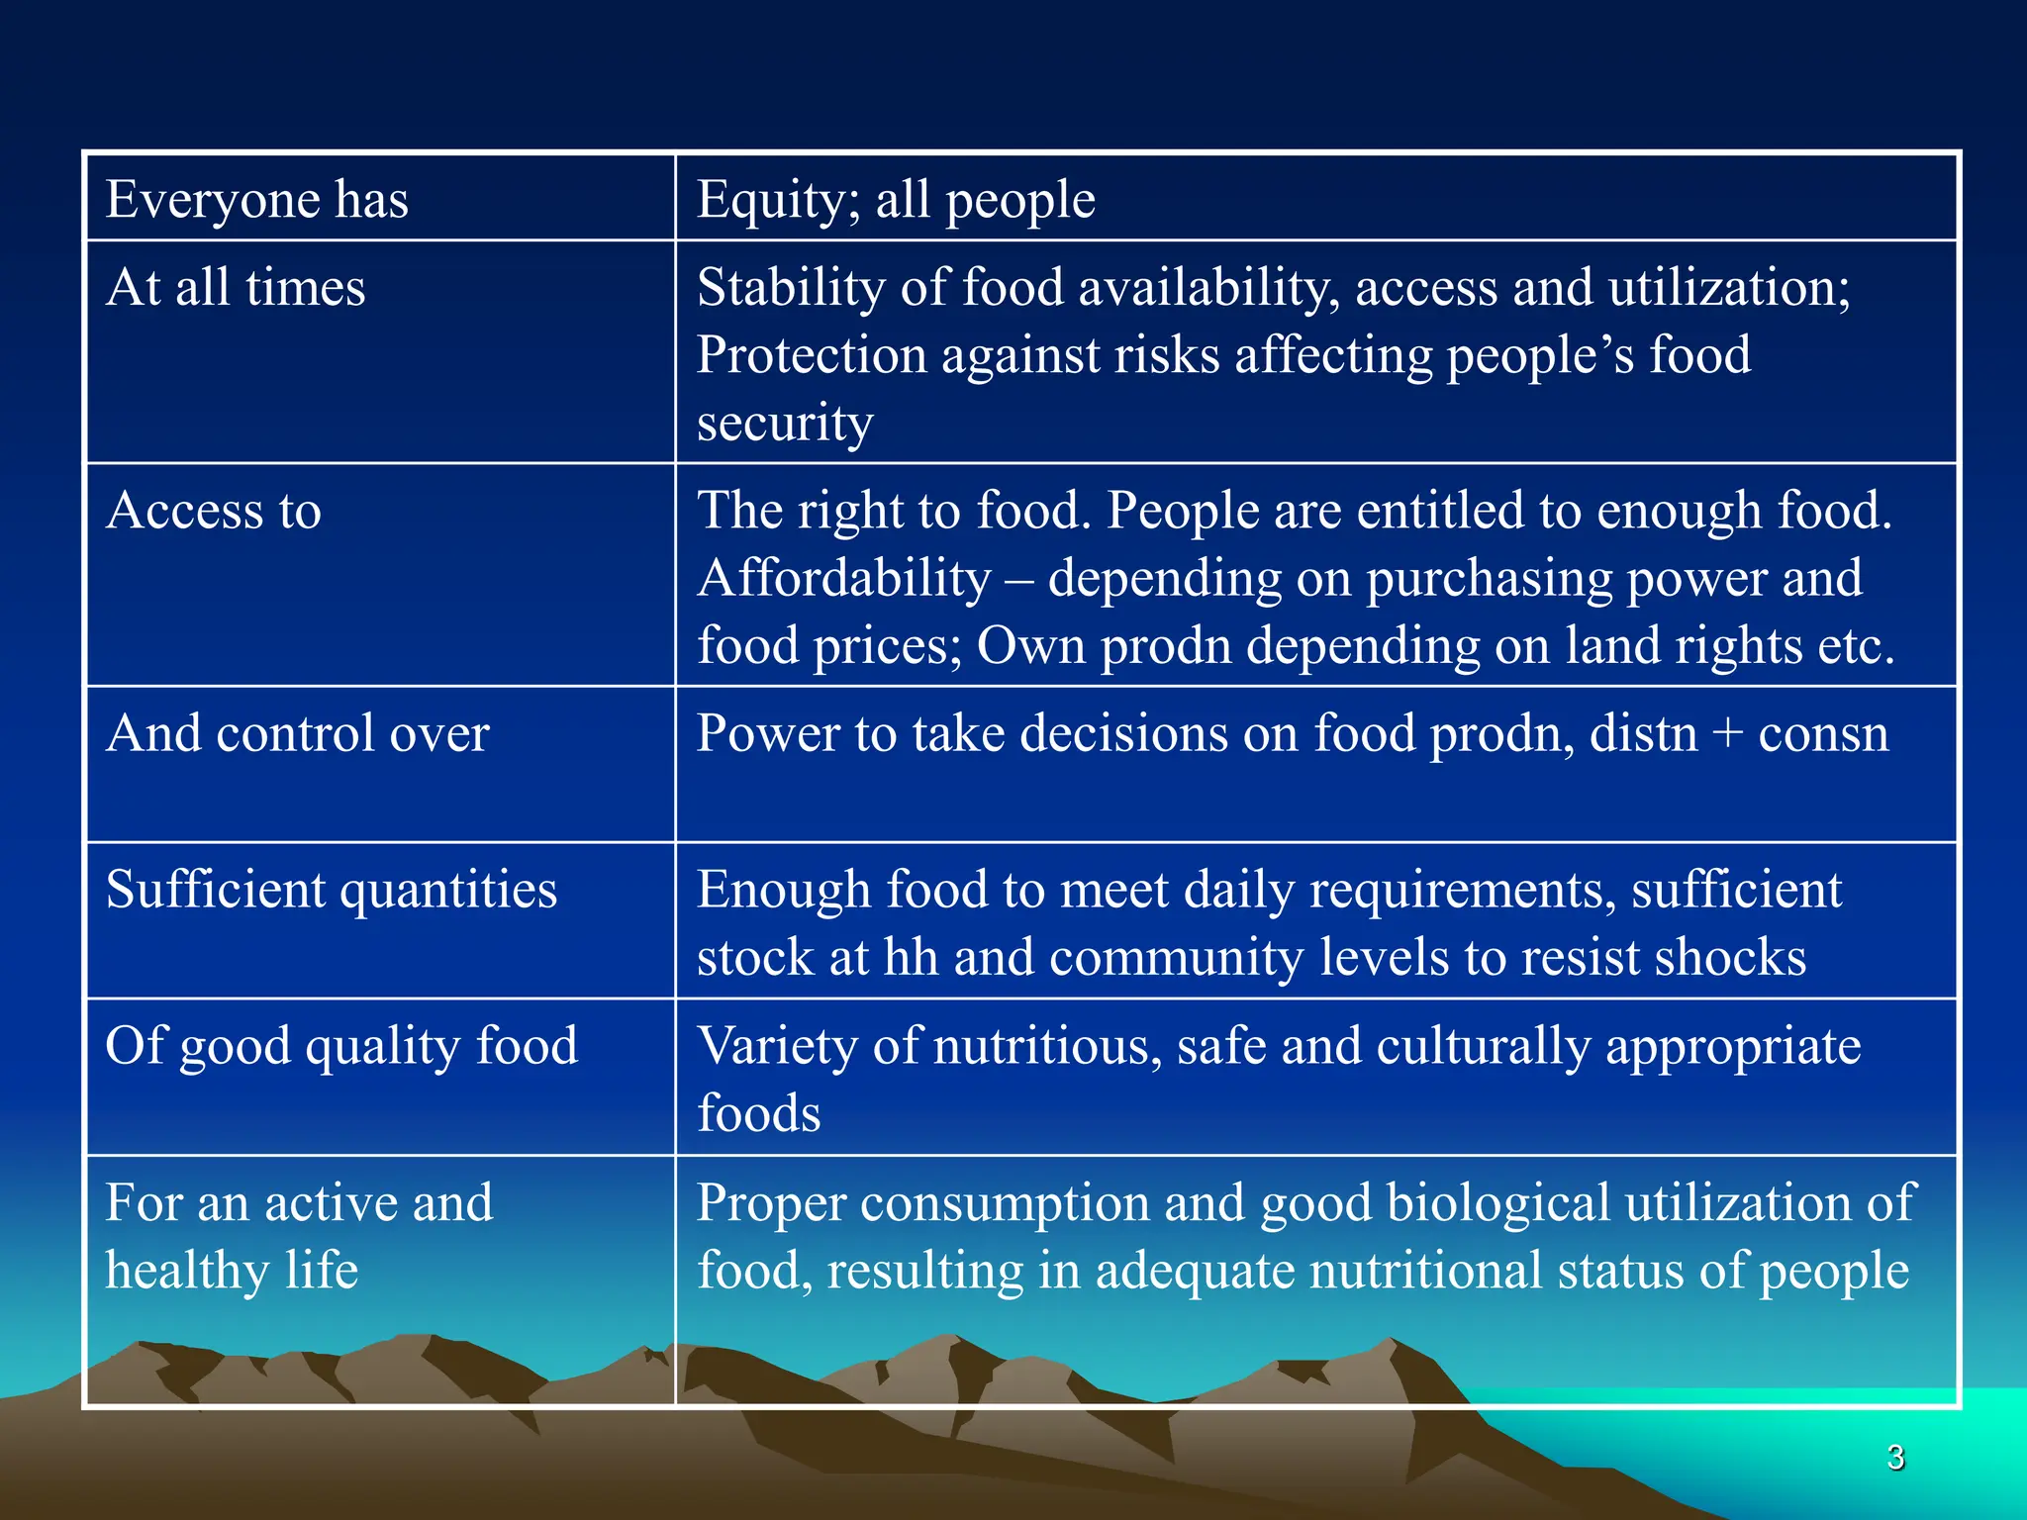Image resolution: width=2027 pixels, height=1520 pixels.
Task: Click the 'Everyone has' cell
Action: [256, 200]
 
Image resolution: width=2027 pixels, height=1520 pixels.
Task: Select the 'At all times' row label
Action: [236, 288]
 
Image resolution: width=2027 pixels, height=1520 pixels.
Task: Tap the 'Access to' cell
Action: [214, 511]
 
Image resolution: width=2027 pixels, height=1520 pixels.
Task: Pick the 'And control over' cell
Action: [297, 733]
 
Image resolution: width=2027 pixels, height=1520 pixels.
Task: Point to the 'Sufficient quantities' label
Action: [331, 890]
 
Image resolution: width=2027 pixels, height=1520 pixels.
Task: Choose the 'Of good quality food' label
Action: [341, 1046]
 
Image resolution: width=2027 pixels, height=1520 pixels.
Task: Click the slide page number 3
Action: [1894, 1458]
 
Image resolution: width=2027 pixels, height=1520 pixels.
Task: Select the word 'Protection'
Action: [811, 355]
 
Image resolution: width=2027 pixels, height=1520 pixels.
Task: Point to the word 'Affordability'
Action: [843, 578]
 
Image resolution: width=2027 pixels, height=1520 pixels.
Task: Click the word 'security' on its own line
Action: [784, 424]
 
